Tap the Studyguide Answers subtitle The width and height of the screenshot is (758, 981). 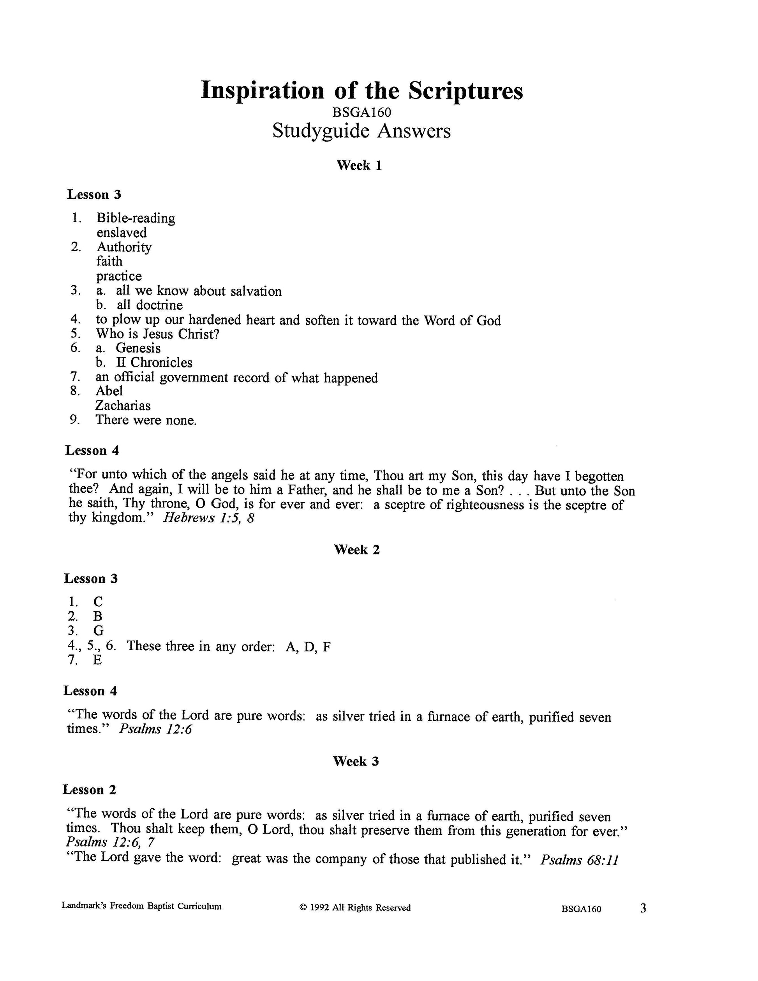(361, 131)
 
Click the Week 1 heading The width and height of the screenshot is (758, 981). (359, 165)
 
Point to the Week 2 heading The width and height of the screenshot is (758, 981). (357, 550)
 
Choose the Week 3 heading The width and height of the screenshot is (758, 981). (356, 761)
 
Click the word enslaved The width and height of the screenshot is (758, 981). (122, 233)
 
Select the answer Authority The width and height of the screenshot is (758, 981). (124, 247)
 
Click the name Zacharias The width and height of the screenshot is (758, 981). (123, 406)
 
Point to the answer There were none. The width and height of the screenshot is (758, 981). (146, 420)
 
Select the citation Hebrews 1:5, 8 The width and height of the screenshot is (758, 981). (208, 518)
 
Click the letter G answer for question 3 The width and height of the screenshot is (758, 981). (98, 631)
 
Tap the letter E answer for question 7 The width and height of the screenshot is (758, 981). (97, 660)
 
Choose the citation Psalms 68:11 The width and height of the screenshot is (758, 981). (579, 860)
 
